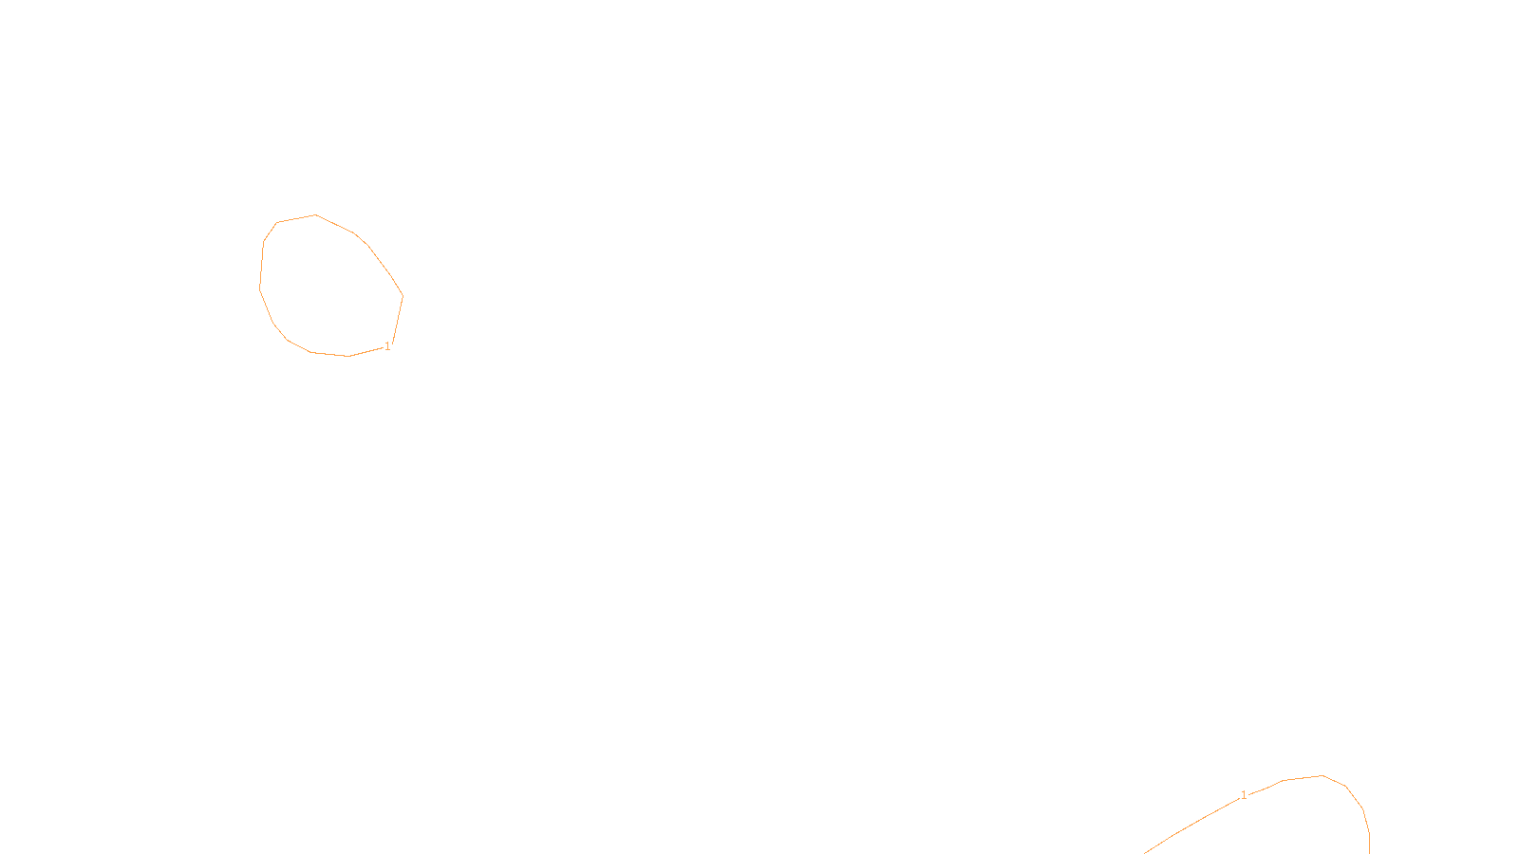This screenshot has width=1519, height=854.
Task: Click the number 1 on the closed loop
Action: (387, 347)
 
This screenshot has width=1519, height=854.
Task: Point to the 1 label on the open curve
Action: (1244, 795)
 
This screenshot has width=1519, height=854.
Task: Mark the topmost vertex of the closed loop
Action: (316, 215)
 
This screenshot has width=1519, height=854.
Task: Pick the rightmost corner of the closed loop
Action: (403, 296)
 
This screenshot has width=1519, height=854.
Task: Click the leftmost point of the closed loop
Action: (259, 287)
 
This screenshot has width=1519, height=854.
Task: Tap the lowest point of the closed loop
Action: (349, 357)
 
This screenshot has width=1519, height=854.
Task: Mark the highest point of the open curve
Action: (1322, 776)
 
